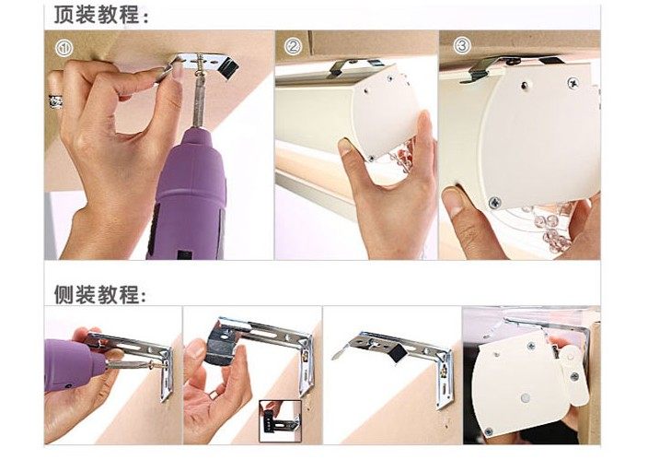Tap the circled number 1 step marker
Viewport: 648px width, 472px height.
[x=64, y=48]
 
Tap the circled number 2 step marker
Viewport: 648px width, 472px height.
[x=293, y=46]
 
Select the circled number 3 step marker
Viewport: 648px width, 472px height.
[x=462, y=45]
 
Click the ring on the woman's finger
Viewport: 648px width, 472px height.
[x=56, y=100]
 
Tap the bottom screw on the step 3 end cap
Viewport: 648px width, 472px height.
[x=494, y=203]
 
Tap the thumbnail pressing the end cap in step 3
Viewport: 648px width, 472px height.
[x=455, y=203]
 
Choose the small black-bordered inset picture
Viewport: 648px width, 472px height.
[x=280, y=421]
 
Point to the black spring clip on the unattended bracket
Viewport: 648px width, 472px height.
[x=397, y=354]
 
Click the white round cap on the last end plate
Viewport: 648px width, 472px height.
[x=526, y=398]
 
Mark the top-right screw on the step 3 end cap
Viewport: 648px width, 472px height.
[x=573, y=82]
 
